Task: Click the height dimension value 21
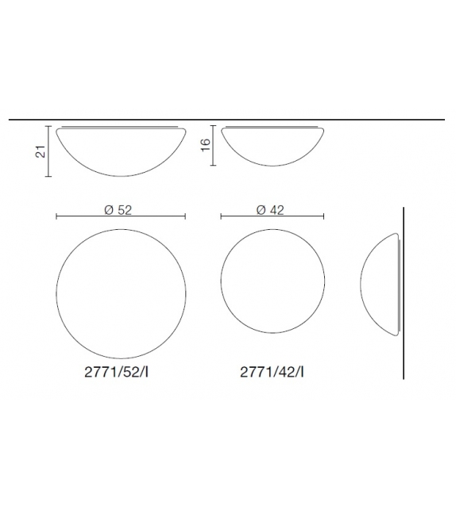coord(38,151)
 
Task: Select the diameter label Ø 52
coord(118,210)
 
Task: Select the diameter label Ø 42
coord(270,210)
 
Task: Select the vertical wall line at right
coord(404,293)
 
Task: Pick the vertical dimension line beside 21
coord(49,151)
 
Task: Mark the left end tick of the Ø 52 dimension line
coord(56,216)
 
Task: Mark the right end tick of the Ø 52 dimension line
coord(186,216)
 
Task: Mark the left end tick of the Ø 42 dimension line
coord(220,216)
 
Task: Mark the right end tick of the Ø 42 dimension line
coord(323,216)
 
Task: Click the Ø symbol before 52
coord(108,210)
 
